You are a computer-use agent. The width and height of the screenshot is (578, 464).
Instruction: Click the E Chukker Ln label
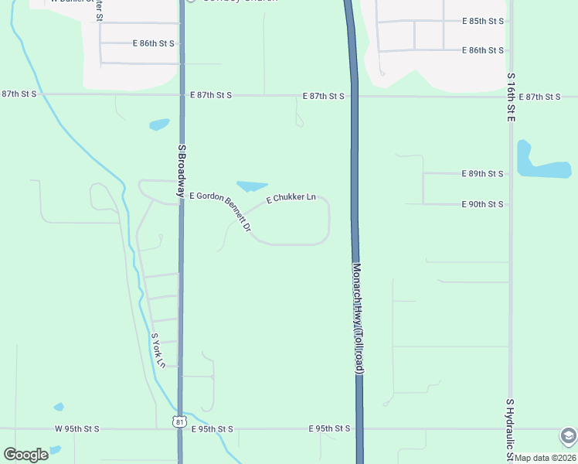(x=291, y=199)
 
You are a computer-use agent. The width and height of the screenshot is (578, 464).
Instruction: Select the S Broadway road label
(x=182, y=167)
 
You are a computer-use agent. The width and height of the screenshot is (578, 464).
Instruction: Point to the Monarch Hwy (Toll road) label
(x=358, y=318)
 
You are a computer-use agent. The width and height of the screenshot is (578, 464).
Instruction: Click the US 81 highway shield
(x=180, y=421)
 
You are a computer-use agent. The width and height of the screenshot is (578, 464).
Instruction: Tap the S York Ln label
(x=158, y=350)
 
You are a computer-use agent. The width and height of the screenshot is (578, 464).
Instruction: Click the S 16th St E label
(x=511, y=98)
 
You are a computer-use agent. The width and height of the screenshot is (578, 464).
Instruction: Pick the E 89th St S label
(x=482, y=174)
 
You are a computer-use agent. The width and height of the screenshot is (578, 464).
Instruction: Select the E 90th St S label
(x=482, y=204)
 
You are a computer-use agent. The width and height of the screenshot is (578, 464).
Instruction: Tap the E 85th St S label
(x=482, y=21)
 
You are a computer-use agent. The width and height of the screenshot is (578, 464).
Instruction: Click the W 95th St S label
(x=76, y=428)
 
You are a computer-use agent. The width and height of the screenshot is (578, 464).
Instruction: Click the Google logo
(x=25, y=455)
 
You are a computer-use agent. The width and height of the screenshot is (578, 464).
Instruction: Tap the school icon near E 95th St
(x=569, y=436)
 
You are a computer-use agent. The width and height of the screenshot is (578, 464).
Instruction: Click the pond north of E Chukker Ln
(x=251, y=186)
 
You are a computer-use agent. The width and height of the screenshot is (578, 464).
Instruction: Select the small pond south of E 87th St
(x=158, y=124)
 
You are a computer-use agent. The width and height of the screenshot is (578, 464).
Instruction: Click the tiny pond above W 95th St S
(x=59, y=407)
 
